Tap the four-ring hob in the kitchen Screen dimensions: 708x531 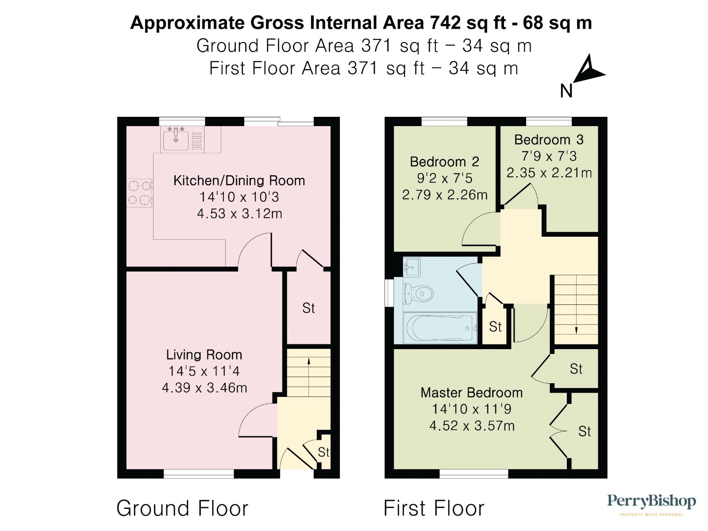pos(140,193)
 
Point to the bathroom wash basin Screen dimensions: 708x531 pos(412,267)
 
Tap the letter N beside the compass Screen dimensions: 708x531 pos(566,91)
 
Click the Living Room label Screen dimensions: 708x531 pos(204,354)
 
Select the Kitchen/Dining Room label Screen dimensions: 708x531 pos(239,180)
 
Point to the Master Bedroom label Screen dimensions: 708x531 pos(472,392)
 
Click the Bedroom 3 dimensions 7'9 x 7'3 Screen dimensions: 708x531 pos(549,156)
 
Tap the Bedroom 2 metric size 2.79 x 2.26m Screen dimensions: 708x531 pos(444,195)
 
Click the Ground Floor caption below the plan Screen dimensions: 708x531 pos(182,508)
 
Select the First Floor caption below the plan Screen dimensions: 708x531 pos(434,508)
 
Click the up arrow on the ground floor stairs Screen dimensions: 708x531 pos(309,377)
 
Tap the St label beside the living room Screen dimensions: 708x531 pos(308,308)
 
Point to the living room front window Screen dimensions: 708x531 pos(199,473)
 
